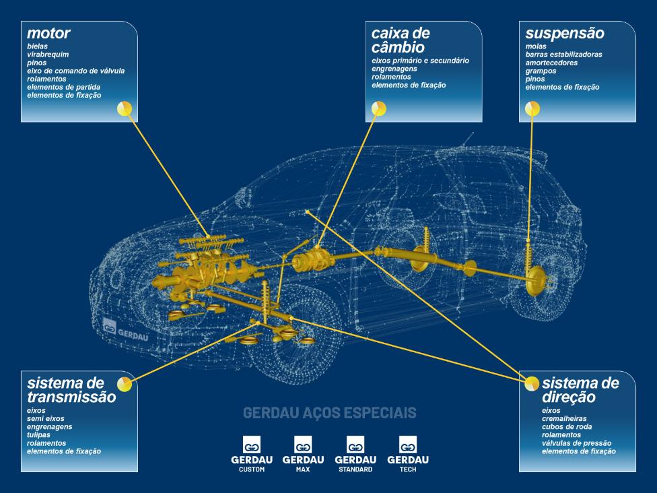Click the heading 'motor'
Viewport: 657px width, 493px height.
coord(48,33)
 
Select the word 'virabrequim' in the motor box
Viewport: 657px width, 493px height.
coord(48,55)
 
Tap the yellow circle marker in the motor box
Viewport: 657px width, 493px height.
coord(125,108)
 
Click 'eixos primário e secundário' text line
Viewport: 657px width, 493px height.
coord(420,61)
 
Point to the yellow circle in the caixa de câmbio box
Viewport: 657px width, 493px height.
coord(379,108)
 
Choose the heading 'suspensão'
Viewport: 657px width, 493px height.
coord(565,33)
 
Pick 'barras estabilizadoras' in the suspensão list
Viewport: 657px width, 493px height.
coord(563,55)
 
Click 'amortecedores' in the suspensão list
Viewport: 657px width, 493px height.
coord(551,63)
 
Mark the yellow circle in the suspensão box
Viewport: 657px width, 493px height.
coord(532,108)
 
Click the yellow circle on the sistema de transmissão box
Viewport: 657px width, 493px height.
coord(125,384)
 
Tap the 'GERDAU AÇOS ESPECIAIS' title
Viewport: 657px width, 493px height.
coord(329,412)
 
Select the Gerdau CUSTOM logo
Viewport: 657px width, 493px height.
coord(252,453)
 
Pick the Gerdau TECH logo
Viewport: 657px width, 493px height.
coord(408,453)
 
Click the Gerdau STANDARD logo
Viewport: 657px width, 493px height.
coord(355,453)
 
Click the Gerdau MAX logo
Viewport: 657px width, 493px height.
coord(303,453)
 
